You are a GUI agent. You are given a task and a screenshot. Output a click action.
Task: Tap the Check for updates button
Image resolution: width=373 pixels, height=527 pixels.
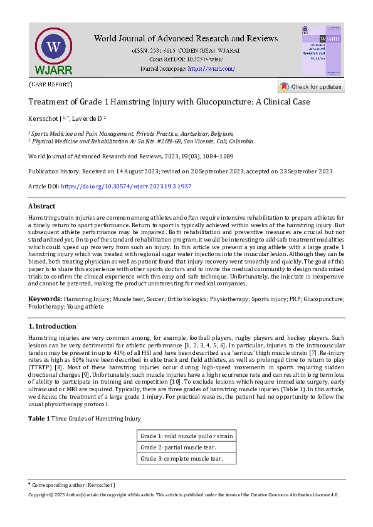pos(311,87)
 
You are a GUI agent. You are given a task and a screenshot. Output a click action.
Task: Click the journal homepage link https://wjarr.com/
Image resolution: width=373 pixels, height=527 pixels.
pos(211,68)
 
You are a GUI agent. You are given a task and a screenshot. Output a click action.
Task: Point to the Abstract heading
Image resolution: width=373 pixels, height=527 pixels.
pos(41,206)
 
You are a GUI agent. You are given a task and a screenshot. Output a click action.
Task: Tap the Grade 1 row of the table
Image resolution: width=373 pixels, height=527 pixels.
pos(187,436)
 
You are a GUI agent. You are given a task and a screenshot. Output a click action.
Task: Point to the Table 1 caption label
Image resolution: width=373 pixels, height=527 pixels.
pos(39,418)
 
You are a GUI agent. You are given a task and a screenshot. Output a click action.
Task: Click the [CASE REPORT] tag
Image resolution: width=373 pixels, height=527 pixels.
pos(51,84)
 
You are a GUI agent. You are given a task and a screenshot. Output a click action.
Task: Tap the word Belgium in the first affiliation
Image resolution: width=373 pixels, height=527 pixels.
pos(222,133)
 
